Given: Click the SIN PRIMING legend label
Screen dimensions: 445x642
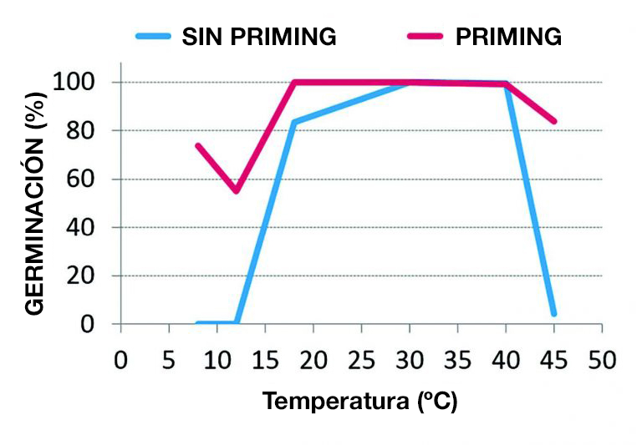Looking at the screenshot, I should point(259,37).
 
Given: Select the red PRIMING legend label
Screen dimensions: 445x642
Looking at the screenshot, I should point(508,37).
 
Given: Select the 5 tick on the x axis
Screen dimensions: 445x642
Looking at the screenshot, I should point(169,360).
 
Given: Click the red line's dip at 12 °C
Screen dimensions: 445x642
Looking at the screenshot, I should point(237,190).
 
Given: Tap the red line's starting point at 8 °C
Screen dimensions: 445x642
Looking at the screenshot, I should point(198,145).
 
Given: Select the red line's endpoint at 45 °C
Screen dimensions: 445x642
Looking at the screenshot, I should point(553,121).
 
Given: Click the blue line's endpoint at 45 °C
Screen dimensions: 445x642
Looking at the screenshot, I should point(553,314).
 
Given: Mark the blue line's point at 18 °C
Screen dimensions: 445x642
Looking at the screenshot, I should point(294,122).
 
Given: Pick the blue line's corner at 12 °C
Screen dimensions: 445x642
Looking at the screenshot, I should point(237,322).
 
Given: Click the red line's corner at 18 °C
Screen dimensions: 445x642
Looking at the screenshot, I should point(294,82).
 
